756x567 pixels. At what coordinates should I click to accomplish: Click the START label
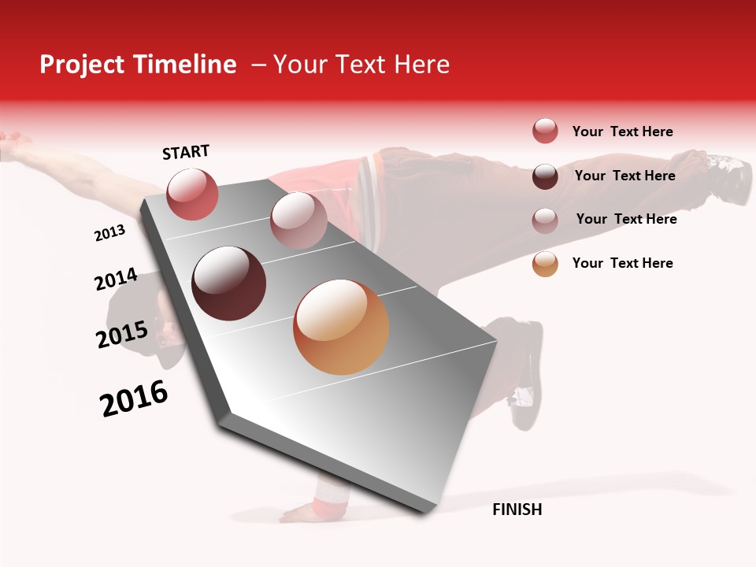186,152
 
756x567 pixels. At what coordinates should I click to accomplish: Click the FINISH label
517,510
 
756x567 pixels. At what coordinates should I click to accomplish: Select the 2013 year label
109,233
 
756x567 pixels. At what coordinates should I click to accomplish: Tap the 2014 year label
116,280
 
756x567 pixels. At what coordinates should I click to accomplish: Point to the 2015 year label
122,335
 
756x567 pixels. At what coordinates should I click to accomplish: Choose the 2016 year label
134,398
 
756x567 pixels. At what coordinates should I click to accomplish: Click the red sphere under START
192,194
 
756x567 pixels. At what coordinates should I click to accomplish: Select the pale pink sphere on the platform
298,220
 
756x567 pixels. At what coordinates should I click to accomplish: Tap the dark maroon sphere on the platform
229,283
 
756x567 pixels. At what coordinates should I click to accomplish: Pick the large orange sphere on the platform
341,327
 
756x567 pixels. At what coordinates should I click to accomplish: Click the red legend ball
545,132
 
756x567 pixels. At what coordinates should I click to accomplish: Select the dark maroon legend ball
545,176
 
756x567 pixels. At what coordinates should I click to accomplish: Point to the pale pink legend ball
545,220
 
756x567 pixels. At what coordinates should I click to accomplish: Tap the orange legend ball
545,264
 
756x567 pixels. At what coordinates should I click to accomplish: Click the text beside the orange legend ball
622,263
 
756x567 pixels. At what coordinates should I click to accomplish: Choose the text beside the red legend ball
622,132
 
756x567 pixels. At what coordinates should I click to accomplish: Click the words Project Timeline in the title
138,65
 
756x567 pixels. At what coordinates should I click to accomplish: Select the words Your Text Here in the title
361,65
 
